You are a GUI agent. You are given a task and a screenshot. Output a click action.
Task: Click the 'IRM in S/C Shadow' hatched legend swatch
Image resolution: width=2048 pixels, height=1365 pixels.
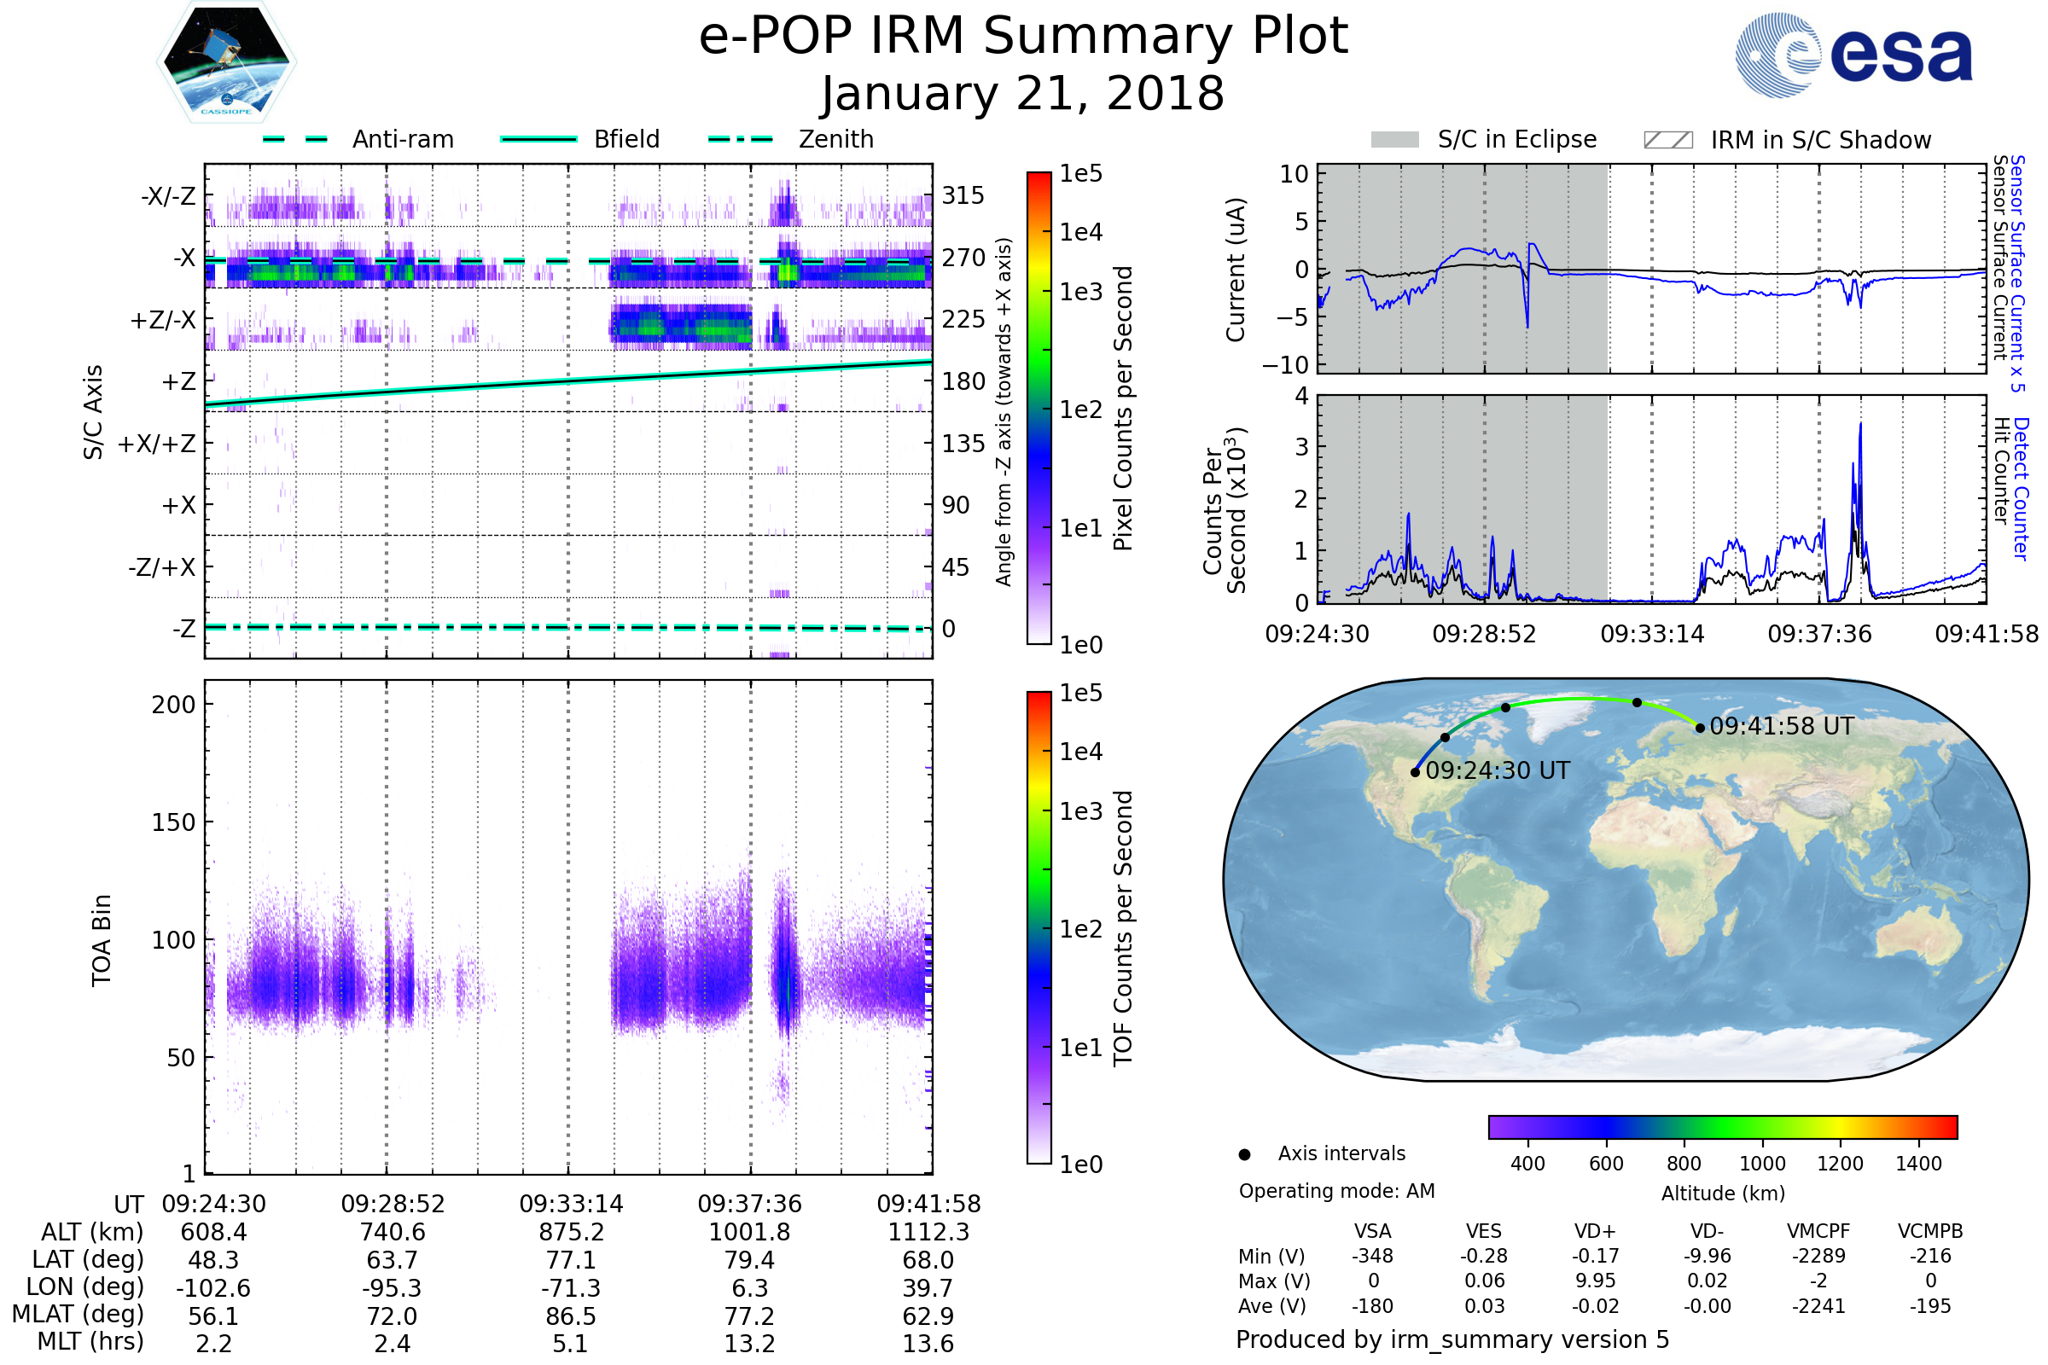click(x=1667, y=140)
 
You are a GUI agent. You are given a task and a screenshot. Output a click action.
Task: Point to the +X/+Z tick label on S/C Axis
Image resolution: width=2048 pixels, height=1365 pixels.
click(x=157, y=444)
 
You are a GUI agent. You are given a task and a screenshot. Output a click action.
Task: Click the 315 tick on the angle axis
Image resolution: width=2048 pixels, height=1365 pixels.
click(x=963, y=195)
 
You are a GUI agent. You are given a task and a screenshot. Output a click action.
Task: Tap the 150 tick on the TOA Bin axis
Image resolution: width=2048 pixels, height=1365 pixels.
click(x=173, y=822)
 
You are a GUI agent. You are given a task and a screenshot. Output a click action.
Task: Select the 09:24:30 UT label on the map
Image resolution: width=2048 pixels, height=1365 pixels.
click(x=1497, y=770)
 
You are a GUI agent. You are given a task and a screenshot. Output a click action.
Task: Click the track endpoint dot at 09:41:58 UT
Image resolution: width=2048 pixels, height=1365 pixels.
click(x=1700, y=728)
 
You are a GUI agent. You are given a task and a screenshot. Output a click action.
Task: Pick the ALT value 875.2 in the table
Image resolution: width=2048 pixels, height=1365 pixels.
click(x=570, y=1232)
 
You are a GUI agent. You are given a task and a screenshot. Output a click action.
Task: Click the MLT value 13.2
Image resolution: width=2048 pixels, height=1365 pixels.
click(x=749, y=1343)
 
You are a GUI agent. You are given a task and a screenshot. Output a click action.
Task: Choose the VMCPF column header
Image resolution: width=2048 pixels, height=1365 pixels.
click(x=1818, y=1231)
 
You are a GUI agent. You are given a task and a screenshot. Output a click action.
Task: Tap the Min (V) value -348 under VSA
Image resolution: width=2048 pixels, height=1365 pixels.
click(x=1372, y=1256)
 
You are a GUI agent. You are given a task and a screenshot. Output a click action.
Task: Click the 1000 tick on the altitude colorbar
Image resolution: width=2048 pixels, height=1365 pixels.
click(x=1761, y=1164)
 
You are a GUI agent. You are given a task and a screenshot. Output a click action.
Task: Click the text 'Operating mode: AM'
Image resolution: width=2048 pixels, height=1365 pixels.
click(x=1336, y=1191)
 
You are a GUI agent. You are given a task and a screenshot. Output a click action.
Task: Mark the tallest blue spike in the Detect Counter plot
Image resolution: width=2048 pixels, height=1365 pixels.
click(x=1860, y=425)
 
